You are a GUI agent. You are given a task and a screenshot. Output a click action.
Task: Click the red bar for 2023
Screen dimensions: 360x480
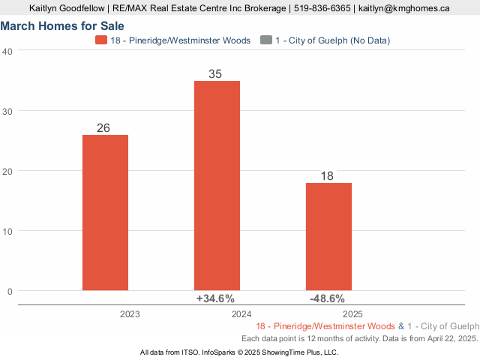point(105,212)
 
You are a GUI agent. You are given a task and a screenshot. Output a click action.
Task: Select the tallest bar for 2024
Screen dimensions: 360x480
point(217,185)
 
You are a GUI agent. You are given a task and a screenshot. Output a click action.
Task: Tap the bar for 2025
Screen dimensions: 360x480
point(328,236)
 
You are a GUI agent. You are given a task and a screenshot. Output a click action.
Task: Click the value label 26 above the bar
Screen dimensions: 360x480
point(103,127)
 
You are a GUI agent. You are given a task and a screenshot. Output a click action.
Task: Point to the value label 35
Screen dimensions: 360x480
point(216,73)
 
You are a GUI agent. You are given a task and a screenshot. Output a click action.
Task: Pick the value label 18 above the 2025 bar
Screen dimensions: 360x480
point(328,175)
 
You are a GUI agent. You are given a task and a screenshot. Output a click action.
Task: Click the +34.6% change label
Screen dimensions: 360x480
point(215,298)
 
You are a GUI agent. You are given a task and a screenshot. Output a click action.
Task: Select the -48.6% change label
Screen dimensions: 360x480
point(327,298)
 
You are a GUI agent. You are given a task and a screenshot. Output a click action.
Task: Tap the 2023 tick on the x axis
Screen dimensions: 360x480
point(129,314)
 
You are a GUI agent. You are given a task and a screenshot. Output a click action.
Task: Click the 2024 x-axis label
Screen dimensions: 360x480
point(241,314)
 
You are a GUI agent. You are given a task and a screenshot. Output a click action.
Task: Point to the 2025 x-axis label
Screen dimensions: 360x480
point(353,314)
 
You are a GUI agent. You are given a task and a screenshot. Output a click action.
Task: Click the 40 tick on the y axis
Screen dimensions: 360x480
point(7,51)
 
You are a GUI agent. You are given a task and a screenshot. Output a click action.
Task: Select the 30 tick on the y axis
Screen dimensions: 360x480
point(7,111)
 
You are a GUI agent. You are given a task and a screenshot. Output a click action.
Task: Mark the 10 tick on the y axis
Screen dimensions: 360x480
point(7,231)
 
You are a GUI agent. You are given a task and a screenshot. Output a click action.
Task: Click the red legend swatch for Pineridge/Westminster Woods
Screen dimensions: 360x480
point(101,40)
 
